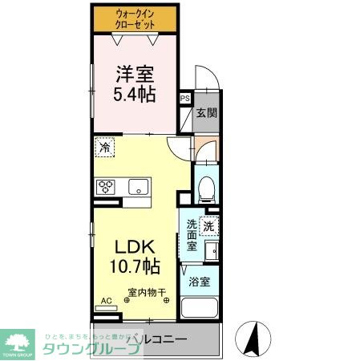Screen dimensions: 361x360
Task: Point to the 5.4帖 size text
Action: (x=134, y=95)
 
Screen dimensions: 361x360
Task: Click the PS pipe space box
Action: (x=185, y=99)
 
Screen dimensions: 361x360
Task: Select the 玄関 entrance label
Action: (x=206, y=113)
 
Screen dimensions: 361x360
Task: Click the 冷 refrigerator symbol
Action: (x=105, y=148)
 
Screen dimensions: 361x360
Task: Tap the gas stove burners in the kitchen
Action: (x=106, y=187)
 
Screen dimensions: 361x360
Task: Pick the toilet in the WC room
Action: (x=205, y=188)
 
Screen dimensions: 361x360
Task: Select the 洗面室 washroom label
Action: (x=192, y=234)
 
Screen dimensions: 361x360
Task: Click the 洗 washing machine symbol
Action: (x=210, y=227)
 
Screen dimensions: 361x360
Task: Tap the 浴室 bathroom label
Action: (x=200, y=282)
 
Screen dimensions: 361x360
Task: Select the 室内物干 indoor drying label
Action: (x=146, y=293)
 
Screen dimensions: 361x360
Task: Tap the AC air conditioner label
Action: (x=104, y=302)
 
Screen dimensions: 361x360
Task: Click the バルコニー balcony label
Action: (x=162, y=339)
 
